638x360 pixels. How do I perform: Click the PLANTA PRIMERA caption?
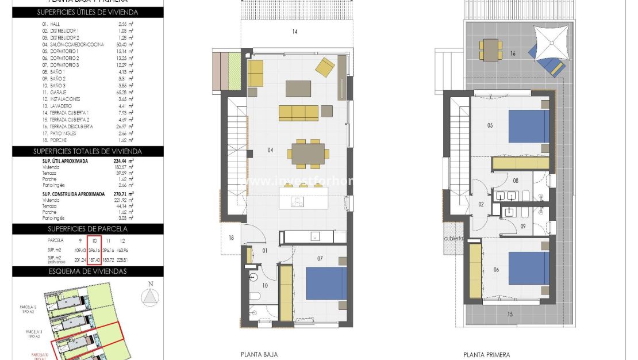486,355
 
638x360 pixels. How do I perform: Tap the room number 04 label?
253,151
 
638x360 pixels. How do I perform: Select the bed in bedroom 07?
326,283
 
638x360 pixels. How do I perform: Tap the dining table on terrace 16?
491,49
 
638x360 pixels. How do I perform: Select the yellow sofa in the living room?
298,113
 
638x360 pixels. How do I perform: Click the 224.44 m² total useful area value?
124,162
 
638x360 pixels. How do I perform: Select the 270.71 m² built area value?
124,194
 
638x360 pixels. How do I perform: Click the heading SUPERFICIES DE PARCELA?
87,228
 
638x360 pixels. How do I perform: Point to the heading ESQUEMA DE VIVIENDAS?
87,271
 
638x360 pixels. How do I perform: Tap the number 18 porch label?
231,238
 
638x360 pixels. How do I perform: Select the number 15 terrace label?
510,314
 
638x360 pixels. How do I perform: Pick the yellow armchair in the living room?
325,67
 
